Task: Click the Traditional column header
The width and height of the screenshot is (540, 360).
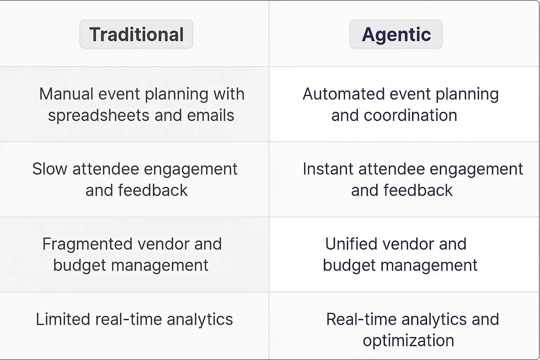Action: [x=136, y=34]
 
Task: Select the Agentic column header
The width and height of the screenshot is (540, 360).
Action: [x=396, y=34]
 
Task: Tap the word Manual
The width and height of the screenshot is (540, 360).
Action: [x=66, y=94]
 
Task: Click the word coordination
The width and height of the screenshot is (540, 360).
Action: [x=410, y=115]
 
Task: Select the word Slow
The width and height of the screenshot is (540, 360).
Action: [x=50, y=169]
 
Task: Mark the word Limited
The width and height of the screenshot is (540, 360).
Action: [x=63, y=319]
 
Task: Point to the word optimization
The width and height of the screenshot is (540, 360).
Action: [x=408, y=340]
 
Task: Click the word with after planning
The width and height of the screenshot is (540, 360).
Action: [x=229, y=94]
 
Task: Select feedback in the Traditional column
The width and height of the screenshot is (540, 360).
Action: [x=153, y=190]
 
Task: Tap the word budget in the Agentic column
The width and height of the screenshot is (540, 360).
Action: [x=349, y=265]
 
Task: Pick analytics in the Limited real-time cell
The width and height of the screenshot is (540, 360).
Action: [x=200, y=319]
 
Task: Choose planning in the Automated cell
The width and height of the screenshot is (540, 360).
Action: [x=467, y=94]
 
